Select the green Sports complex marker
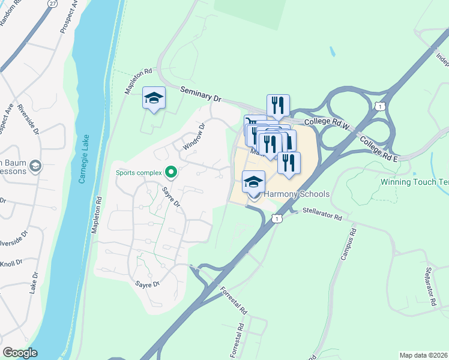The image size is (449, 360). pyautogui.click(x=171, y=173)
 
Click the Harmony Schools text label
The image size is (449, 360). pyautogui.click(x=297, y=194)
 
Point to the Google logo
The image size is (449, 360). pyautogui.click(x=20, y=353)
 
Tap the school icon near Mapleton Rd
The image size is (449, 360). pyautogui.click(x=154, y=98)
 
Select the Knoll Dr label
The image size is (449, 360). pyautogui.click(x=11, y=263)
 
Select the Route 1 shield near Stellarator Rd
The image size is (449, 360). pyautogui.click(x=276, y=219)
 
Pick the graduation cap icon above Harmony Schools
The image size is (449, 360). pyautogui.click(x=254, y=181)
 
